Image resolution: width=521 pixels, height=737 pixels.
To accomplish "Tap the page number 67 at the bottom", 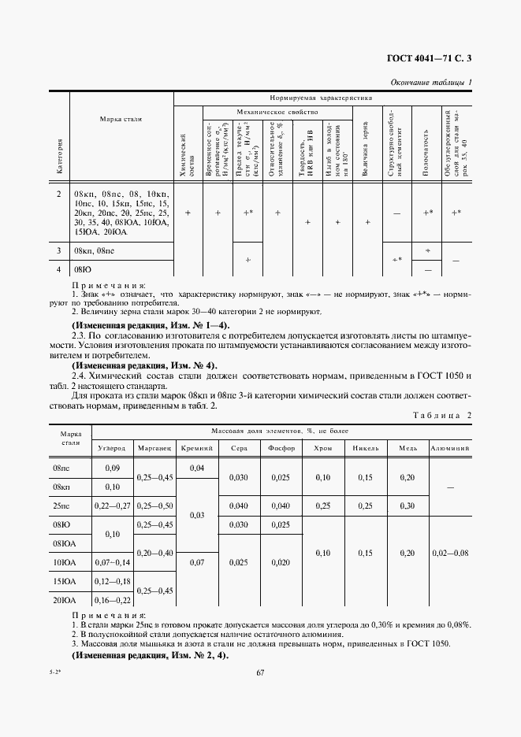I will [x=259, y=672].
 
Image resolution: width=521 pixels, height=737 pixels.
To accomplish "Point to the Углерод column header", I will [x=111, y=447].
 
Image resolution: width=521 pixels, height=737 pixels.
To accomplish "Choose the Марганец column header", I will [x=154, y=447].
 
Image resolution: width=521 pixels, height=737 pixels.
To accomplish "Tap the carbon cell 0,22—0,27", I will [x=111, y=505].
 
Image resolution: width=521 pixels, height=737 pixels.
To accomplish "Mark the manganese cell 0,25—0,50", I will [x=154, y=505].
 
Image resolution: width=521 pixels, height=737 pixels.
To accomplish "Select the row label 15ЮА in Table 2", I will [x=64, y=581].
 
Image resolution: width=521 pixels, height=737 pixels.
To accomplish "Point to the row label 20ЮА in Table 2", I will [x=64, y=600].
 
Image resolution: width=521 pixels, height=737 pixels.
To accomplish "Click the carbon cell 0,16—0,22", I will [x=111, y=600].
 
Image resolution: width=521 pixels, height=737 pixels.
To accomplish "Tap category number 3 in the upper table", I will [x=58, y=251].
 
